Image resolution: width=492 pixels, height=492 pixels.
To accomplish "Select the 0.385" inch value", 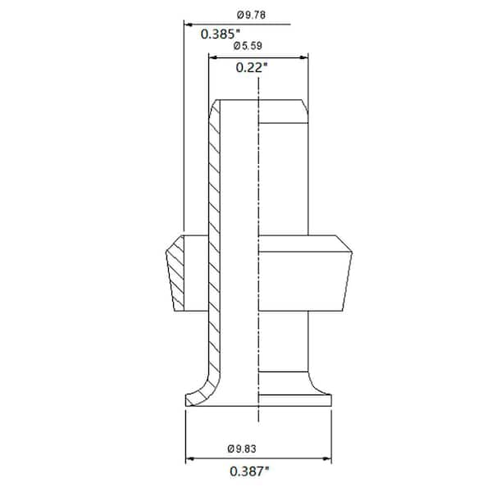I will tap(220, 34).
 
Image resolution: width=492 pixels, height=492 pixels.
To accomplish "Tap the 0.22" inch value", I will tap(253, 68).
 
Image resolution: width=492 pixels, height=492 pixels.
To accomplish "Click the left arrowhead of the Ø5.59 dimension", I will tap(213, 57).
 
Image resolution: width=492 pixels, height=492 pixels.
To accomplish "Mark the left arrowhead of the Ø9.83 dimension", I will tap(191, 458).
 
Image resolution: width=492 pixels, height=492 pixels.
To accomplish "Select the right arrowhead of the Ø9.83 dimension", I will tap(332, 458).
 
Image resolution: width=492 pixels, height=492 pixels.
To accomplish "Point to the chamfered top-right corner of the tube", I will tap(303, 106).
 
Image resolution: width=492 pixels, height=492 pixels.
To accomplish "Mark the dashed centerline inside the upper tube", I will tap(259, 164).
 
